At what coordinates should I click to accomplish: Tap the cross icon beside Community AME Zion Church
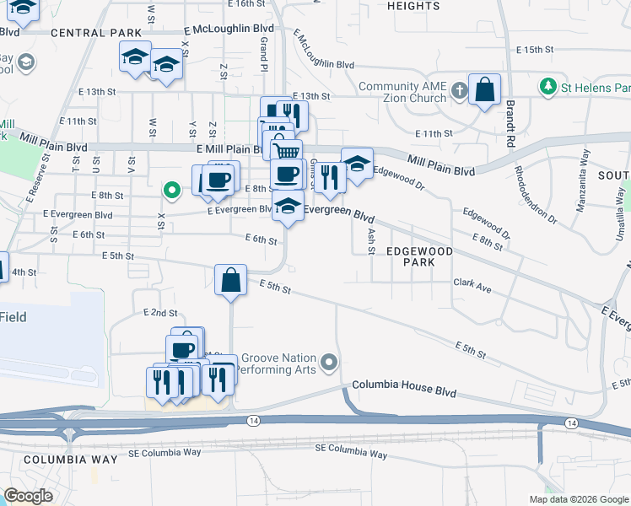click(458, 89)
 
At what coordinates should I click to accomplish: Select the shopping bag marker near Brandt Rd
click(485, 90)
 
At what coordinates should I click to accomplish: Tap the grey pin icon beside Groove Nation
click(330, 363)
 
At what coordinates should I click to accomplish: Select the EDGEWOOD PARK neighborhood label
click(420, 257)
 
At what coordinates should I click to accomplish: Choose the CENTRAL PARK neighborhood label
click(95, 33)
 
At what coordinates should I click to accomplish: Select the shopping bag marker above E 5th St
click(230, 280)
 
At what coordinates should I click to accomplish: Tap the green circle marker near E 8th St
click(172, 191)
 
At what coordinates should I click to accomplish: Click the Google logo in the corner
click(28, 496)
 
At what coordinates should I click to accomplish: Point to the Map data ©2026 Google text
click(578, 499)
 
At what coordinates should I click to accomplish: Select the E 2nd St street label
click(160, 312)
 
